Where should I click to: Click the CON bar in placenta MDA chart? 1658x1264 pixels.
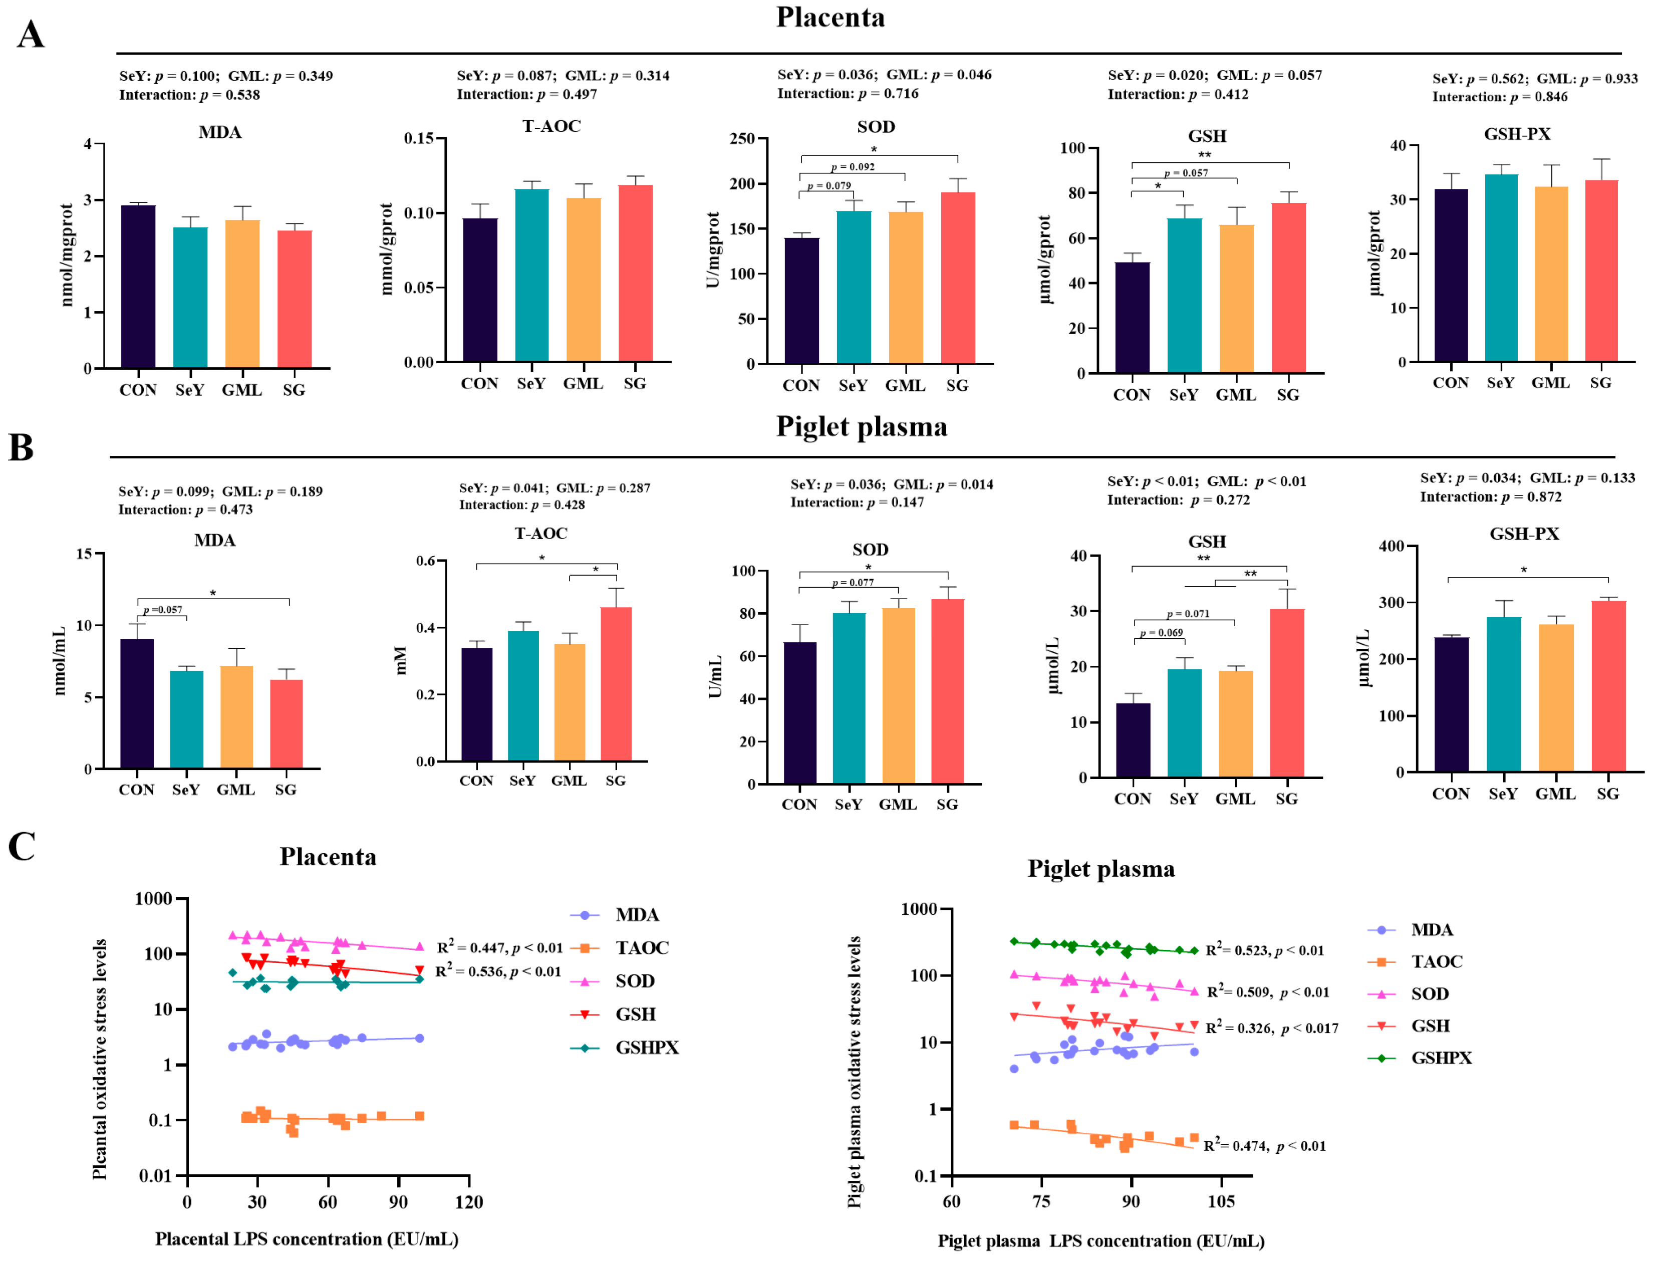point(138,286)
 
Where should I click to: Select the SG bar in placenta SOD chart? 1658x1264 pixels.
point(958,279)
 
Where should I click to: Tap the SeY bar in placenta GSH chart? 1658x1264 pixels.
point(1184,295)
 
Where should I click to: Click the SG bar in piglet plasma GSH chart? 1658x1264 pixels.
point(1287,692)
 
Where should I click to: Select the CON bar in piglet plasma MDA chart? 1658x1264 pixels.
point(137,703)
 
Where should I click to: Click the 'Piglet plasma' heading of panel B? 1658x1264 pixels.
point(862,427)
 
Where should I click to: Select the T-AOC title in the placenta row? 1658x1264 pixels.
point(551,126)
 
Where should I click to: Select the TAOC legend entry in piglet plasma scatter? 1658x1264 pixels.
point(1436,961)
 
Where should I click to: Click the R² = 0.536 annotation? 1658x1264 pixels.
point(498,971)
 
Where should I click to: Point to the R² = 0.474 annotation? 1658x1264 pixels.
point(1265,1146)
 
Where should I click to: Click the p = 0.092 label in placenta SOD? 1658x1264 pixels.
point(853,167)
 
